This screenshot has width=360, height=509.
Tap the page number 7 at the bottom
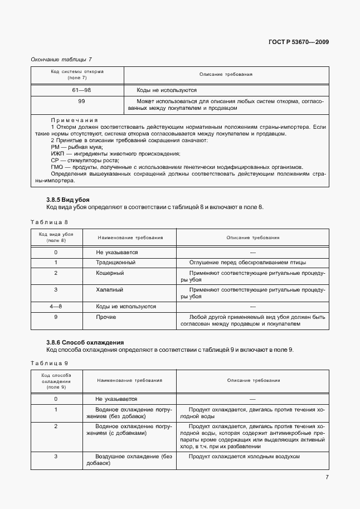click(327, 477)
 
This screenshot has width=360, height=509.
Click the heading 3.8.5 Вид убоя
click(67, 200)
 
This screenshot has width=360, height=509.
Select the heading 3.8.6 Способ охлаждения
click(85, 342)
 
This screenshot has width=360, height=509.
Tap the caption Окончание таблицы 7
click(61, 59)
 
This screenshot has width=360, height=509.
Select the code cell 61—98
click(81, 90)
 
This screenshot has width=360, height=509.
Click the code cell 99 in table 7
click(81, 101)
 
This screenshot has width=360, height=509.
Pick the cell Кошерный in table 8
click(110, 273)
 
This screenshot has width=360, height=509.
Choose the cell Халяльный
click(110, 290)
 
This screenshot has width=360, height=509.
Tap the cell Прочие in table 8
click(106, 317)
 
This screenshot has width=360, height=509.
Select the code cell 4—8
click(56, 306)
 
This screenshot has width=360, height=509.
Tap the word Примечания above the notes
click(74, 120)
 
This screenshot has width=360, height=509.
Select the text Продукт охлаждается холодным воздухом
click(244, 456)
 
